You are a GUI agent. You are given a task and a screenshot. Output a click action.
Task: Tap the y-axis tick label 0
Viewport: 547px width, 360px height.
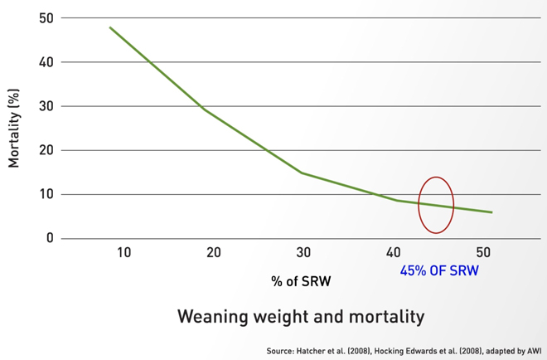(49, 239)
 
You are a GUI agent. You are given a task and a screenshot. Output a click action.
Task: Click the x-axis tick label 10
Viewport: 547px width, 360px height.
(123, 252)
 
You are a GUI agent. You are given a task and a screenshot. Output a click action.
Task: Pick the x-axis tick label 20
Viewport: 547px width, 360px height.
(213, 252)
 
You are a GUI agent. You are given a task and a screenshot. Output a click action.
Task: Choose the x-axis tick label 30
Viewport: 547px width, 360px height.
(303, 252)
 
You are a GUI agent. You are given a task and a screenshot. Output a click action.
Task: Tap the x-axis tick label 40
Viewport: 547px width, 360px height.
(393, 252)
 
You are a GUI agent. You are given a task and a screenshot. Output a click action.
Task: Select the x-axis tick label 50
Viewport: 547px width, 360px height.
(483, 252)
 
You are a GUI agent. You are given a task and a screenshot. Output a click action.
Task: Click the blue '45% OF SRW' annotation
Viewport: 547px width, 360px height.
(439, 270)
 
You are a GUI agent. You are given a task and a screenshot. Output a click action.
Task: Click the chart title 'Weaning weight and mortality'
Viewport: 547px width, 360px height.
(301, 316)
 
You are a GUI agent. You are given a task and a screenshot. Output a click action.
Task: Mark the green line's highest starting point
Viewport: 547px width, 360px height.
(110, 27)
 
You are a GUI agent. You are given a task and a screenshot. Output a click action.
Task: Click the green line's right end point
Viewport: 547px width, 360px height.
(492, 212)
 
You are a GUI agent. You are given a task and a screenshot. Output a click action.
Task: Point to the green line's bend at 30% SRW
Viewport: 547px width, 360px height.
(302, 173)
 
